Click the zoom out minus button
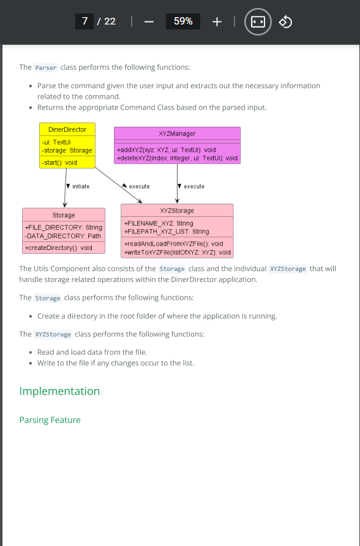click(x=149, y=21)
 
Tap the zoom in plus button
click(x=217, y=21)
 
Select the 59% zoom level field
click(x=183, y=21)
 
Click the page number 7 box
click(x=84, y=21)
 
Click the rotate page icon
click(x=285, y=21)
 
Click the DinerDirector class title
click(x=67, y=129)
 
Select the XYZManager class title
click(x=177, y=134)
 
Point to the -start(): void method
click(x=59, y=162)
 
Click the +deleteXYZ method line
click(x=178, y=158)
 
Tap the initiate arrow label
click(x=81, y=186)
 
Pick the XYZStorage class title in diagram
click(x=177, y=211)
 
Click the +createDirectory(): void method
click(x=58, y=248)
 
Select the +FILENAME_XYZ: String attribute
click(x=159, y=223)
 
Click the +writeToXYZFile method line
click(x=178, y=252)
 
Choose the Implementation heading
click(x=59, y=391)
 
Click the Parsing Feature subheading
click(x=50, y=420)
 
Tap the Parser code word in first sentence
click(x=46, y=67)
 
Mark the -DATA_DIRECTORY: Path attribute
click(x=63, y=236)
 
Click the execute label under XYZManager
click(x=194, y=186)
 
